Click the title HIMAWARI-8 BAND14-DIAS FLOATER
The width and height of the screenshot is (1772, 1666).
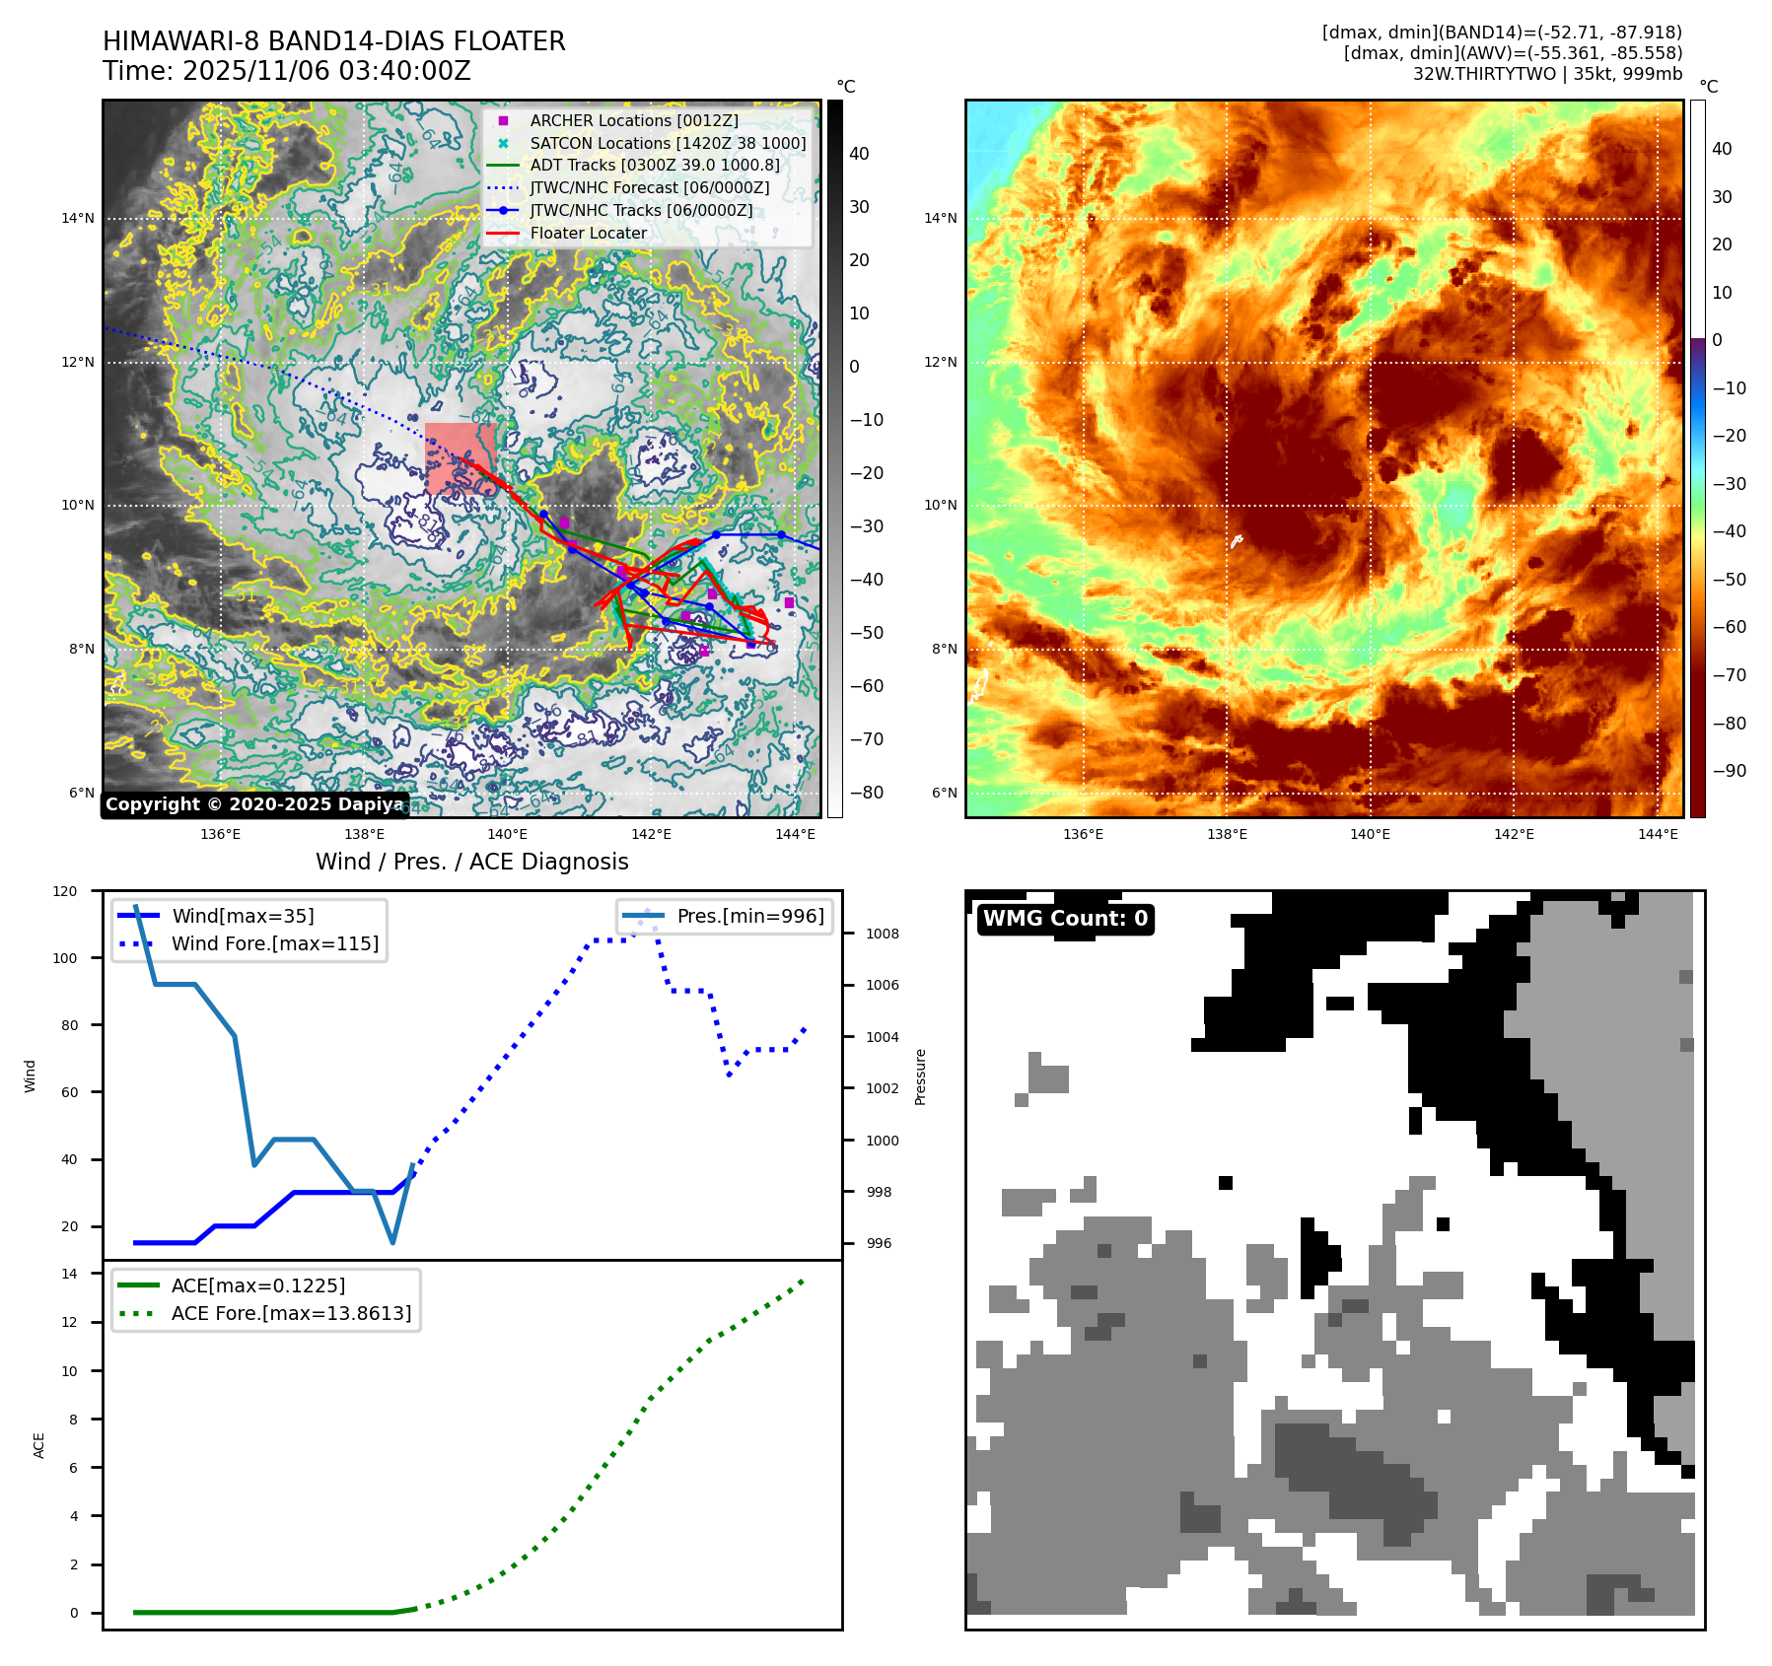point(333,41)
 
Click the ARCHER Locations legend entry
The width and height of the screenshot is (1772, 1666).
point(633,120)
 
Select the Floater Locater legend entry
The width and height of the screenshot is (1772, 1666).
point(588,233)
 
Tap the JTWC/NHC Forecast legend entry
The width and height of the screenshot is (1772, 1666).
point(649,187)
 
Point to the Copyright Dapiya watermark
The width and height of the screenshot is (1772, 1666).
point(254,804)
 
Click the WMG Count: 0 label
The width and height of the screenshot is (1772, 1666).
point(1065,919)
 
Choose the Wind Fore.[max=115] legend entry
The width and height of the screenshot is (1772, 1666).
point(274,943)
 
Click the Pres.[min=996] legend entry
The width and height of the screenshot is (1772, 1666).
point(749,916)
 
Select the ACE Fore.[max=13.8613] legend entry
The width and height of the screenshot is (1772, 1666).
point(291,1313)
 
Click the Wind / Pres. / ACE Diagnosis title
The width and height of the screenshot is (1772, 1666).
point(471,862)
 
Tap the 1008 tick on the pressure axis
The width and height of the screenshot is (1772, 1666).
point(882,934)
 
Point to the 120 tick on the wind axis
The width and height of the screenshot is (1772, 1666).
point(65,891)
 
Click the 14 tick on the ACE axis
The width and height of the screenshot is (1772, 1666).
point(69,1274)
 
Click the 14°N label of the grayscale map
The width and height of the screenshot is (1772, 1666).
point(78,218)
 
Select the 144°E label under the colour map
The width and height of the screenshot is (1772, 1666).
point(1658,834)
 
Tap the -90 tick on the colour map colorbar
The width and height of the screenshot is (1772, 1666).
point(1729,771)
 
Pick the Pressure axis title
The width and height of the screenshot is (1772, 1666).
point(920,1076)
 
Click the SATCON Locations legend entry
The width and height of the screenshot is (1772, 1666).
point(667,143)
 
